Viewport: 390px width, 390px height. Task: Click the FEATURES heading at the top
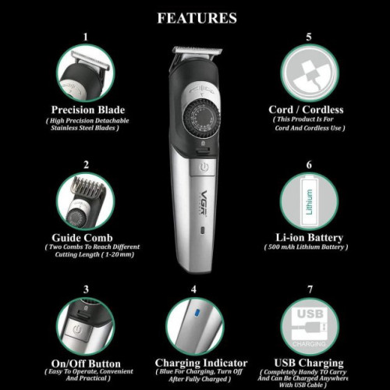coord(197,18)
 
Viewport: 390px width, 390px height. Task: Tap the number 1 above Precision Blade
coord(86,37)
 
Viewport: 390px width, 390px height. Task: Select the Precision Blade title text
coord(88,110)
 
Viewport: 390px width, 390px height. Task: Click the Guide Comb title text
coord(82,238)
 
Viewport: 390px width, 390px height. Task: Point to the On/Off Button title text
coord(86,363)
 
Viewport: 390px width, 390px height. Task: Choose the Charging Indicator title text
coord(201,363)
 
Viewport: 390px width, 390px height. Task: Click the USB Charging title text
coord(309,363)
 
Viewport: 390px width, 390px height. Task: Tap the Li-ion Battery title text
coord(309,238)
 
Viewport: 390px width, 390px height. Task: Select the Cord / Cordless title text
coord(306,110)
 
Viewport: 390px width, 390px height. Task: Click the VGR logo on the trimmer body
coord(204,202)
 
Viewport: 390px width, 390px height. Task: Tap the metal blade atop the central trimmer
coord(197,51)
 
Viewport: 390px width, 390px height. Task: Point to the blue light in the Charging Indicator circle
coord(197,313)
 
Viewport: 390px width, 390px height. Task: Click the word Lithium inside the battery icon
coord(309,202)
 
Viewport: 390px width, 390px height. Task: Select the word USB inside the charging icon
coord(310,314)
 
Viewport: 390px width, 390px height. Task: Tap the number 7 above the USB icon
coord(310,289)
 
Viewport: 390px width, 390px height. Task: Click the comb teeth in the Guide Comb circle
coord(87,185)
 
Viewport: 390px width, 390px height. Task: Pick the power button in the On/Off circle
coord(77,330)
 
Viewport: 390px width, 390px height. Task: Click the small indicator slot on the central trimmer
coord(203,230)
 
